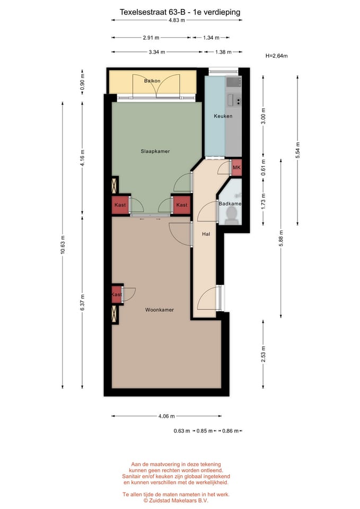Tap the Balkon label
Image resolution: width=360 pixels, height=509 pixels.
point(152,81)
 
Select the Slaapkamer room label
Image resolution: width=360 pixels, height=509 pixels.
point(155,151)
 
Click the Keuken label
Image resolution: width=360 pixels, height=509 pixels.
point(223,116)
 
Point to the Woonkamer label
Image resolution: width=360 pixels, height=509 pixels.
point(160,310)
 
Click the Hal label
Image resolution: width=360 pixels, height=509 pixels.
point(206,233)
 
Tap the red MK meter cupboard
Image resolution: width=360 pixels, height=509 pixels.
point(236,168)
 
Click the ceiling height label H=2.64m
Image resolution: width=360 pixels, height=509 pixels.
point(276,55)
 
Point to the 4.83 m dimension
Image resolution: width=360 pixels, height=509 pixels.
point(177,20)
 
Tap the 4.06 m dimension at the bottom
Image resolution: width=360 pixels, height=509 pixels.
point(166,416)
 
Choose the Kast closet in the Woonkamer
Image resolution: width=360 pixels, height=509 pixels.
point(117,294)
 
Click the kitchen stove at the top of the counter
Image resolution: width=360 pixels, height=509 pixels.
point(234,82)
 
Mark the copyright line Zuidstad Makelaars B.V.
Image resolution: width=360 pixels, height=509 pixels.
point(177,499)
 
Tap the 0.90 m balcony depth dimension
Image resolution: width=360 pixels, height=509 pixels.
point(82,82)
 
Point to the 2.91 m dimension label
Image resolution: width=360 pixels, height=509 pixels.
point(151,38)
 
